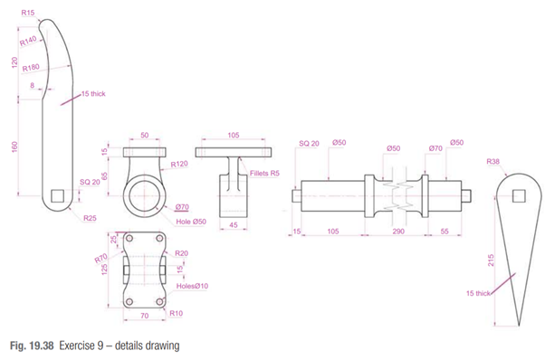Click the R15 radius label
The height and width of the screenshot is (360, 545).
pyautogui.click(x=28, y=13)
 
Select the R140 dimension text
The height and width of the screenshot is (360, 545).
pyautogui.click(x=28, y=42)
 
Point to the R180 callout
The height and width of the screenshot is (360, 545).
pyautogui.click(x=31, y=67)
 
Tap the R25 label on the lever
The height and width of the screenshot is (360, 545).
pyautogui.click(x=90, y=218)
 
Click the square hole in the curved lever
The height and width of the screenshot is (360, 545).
pyautogui.click(x=57, y=195)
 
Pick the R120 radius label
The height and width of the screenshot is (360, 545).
pyautogui.click(x=179, y=164)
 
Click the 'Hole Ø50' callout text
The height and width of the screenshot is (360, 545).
pyautogui.click(x=191, y=222)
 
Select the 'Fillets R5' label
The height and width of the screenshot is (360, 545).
pyautogui.click(x=264, y=174)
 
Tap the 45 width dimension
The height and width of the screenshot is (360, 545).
pyautogui.click(x=234, y=225)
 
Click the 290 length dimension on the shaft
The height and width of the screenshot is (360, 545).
pyautogui.click(x=398, y=232)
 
